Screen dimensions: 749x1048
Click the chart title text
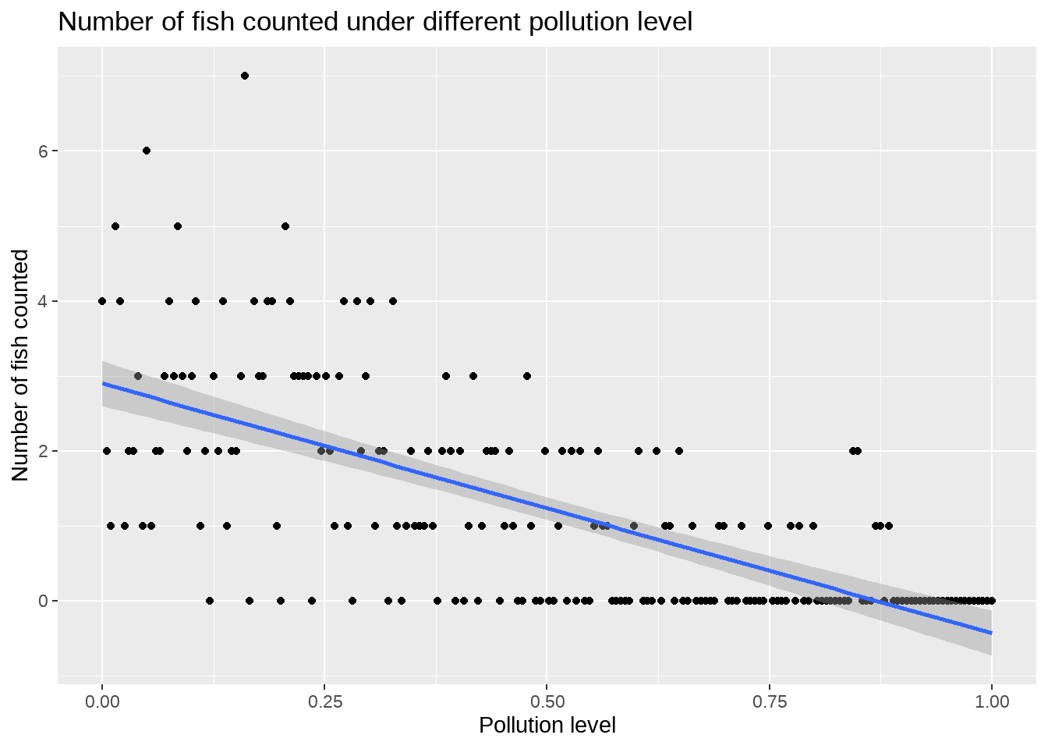click(375, 22)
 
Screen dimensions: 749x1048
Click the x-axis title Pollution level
click(547, 726)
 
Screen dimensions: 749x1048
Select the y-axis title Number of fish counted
click(21, 365)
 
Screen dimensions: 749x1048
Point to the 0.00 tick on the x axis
click(102, 702)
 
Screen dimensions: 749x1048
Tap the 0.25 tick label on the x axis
click(324, 702)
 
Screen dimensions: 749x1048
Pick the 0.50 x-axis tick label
click(547, 702)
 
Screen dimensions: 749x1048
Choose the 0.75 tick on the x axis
click(769, 702)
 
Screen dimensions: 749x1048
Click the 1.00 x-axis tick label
click(991, 702)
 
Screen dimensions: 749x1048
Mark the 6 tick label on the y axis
click(44, 151)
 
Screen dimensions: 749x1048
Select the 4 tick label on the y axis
click(44, 301)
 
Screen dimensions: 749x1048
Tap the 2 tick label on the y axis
click(44, 451)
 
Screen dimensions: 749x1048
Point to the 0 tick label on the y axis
click(44, 601)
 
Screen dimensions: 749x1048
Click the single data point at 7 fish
click(245, 76)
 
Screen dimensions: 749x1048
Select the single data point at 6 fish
click(147, 151)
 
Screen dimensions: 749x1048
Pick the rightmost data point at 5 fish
click(285, 226)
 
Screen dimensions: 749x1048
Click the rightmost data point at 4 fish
click(393, 301)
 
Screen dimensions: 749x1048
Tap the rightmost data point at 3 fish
click(527, 376)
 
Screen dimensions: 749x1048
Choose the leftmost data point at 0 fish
click(210, 601)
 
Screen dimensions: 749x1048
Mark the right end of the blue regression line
click(991, 633)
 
